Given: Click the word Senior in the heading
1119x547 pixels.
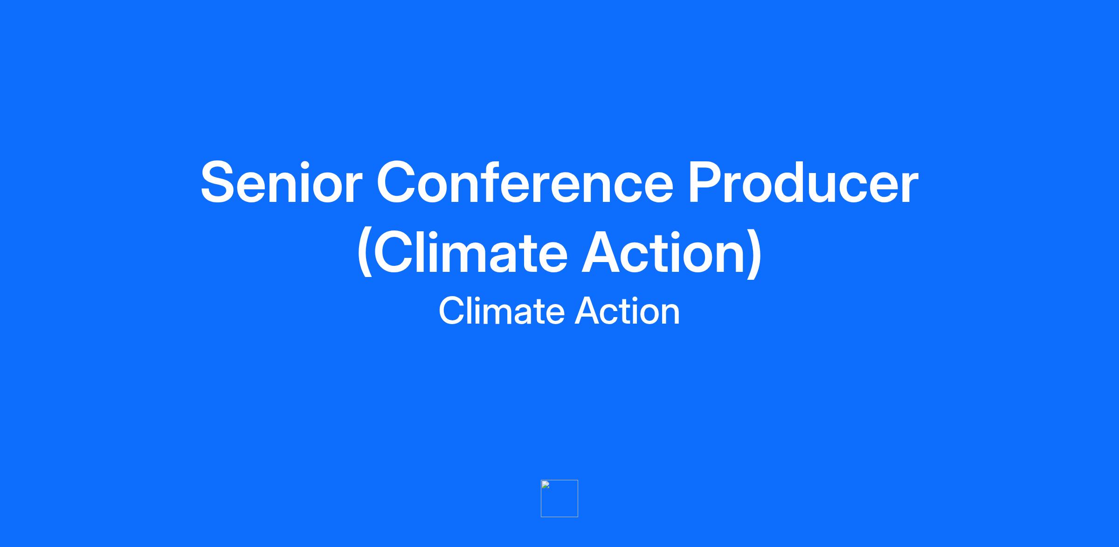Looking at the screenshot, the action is point(282,182).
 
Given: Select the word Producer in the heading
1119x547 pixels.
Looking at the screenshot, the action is point(803,182).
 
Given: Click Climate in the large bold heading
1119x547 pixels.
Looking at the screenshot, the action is point(470,252).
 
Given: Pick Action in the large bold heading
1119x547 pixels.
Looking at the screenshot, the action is point(664,252).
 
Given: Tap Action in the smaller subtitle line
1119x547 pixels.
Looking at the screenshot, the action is point(627,311).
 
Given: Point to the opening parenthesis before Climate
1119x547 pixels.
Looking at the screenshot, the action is point(365,253).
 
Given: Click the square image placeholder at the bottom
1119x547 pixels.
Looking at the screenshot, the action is point(559,499).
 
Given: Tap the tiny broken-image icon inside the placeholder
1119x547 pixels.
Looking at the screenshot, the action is point(546,485).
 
